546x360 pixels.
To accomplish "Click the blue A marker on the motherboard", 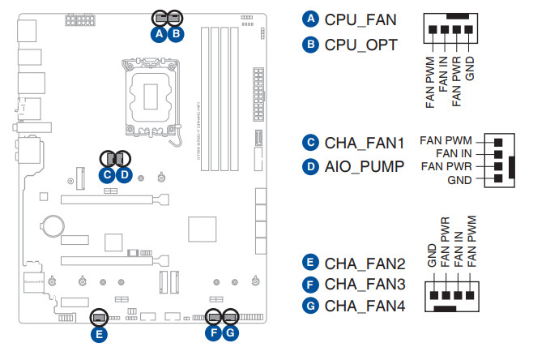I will (x=160, y=33).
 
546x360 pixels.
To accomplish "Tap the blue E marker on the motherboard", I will (x=99, y=333).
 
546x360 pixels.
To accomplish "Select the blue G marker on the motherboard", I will (x=231, y=333).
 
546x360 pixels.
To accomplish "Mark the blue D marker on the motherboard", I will (x=124, y=174).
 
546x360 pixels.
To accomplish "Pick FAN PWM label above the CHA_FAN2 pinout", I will (x=472, y=241).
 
